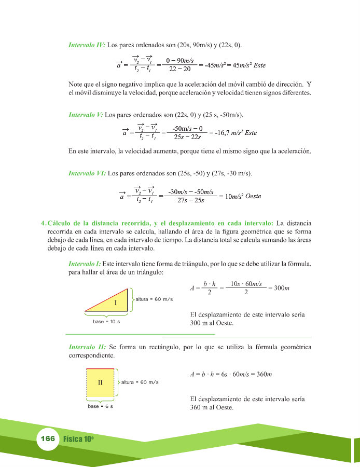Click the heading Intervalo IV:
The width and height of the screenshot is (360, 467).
pos(87,45)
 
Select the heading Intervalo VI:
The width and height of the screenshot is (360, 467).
pos(87,173)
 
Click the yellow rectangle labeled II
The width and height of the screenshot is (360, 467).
pos(100,382)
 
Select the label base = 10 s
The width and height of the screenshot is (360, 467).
pos(106,322)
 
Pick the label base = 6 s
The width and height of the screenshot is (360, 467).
pos(100,406)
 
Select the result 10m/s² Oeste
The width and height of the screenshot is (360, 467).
pos(240,196)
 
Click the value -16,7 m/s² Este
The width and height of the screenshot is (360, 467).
pos(236,133)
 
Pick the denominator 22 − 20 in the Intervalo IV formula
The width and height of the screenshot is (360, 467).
pos(179,69)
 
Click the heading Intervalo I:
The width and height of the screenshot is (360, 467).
pos(85,264)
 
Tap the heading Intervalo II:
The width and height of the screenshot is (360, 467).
pos(87,346)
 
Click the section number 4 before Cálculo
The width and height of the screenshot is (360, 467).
pos(43,223)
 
